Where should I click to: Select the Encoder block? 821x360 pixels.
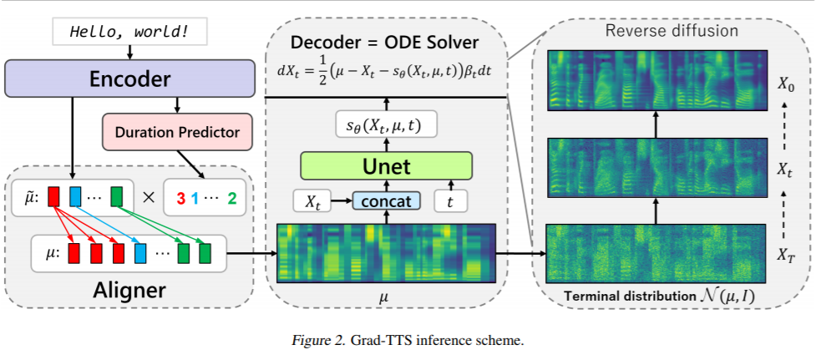coord(129,79)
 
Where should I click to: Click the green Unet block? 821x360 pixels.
coord(387,166)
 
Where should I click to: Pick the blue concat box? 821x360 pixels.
coord(387,200)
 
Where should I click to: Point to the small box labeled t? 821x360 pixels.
coord(450,200)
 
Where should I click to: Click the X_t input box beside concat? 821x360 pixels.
coord(312,200)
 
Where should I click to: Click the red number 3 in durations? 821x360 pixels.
coord(181,199)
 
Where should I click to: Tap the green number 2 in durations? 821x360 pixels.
coord(232,199)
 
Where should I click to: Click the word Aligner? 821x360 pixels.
coord(129,289)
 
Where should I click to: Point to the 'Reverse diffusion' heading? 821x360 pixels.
coord(671,30)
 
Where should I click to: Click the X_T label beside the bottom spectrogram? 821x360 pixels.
coord(785,256)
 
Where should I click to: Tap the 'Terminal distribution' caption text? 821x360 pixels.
coord(627,296)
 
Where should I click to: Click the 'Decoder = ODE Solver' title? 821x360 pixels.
coord(385,43)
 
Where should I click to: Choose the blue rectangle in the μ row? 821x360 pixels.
coord(139,253)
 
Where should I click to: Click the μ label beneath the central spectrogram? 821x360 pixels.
coord(387,299)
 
